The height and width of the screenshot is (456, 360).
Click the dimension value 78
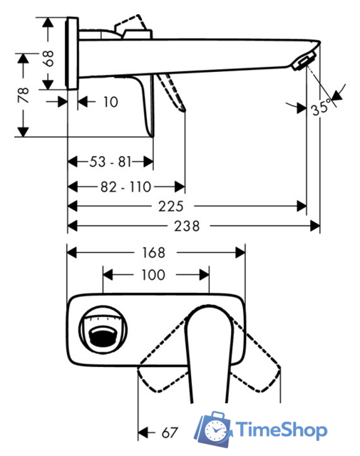[24, 94]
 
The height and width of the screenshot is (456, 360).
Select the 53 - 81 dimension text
[110, 162]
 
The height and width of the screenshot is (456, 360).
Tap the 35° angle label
[320, 109]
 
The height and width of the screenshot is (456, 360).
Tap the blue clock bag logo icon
[215, 429]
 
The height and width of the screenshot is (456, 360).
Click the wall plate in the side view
[71, 53]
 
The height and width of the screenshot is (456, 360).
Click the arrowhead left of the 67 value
[143, 432]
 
